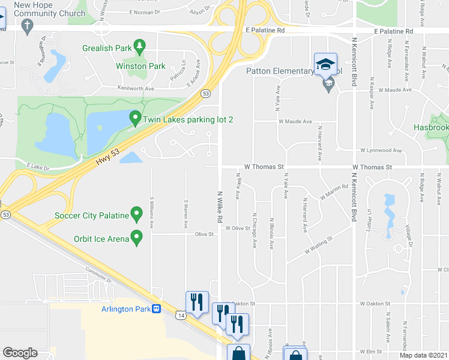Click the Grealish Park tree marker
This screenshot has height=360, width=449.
point(139,46)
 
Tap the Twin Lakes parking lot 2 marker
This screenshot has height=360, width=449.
point(136,119)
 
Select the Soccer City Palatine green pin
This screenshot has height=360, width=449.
point(136,215)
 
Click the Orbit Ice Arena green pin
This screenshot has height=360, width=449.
point(136,238)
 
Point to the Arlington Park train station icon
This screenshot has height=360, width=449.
point(156,309)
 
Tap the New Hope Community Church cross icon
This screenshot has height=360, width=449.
point(26,25)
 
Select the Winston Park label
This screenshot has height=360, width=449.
point(140,66)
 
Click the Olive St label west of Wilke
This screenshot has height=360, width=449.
point(204,235)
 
